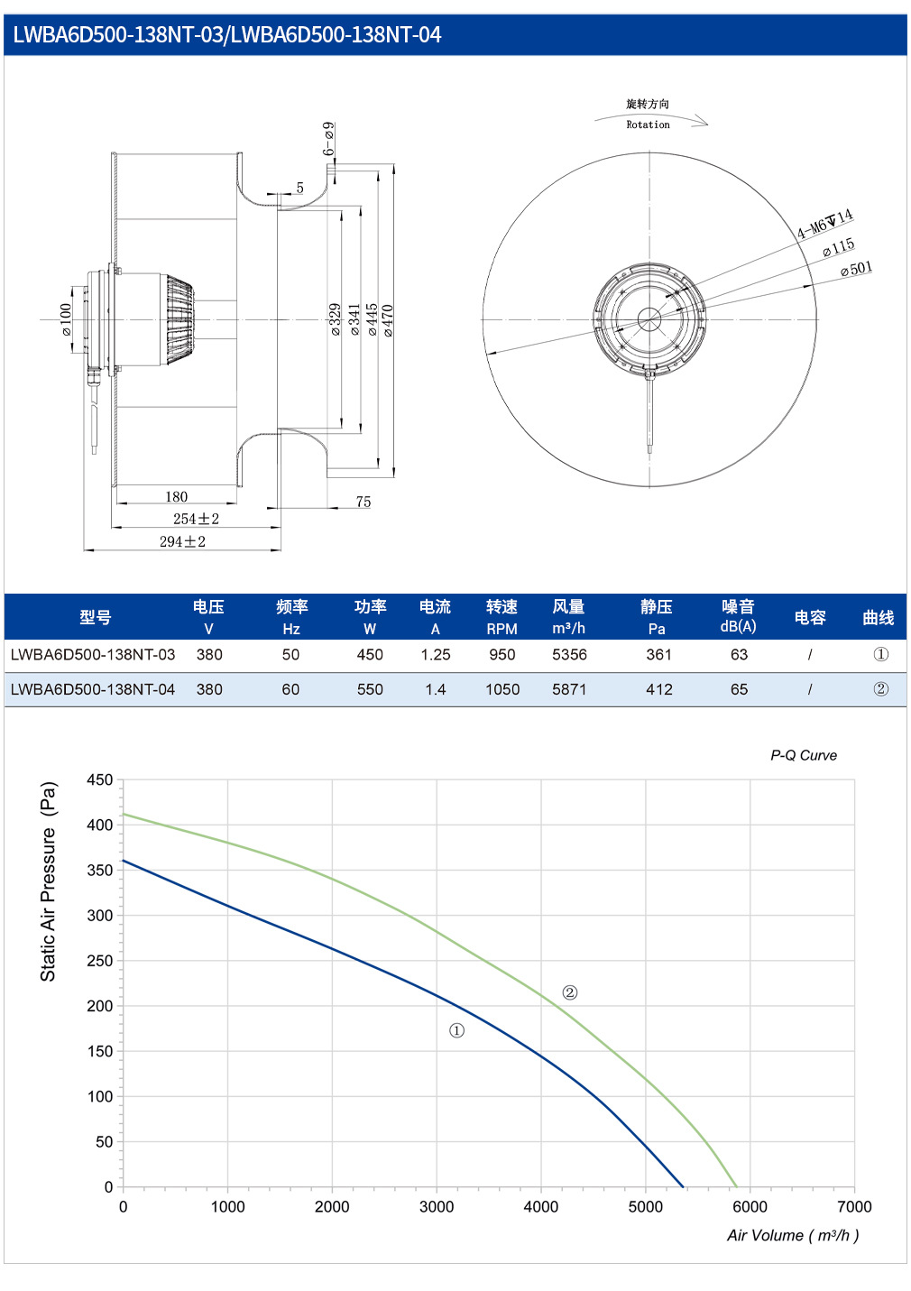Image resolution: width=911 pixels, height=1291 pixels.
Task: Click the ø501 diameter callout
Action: (856, 269)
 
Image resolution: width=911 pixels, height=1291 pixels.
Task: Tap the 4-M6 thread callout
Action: (824, 224)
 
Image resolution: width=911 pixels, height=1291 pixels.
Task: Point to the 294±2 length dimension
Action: (182, 541)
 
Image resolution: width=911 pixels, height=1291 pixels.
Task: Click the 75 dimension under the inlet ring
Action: (363, 502)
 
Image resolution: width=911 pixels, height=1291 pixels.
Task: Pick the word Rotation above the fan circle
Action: (648, 124)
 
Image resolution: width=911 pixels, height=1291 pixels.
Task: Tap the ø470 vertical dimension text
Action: (388, 320)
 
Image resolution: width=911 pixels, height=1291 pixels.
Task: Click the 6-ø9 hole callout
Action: (327, 138)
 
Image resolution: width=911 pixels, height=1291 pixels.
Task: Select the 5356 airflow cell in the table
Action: (569, 654)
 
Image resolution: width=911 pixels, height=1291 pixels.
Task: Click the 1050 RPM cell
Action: (502, 688)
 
